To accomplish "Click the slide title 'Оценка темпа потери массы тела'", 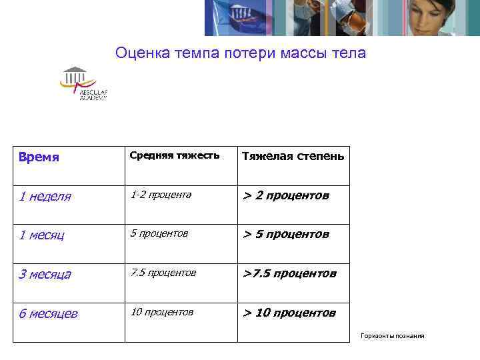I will pyautogui.click(x=240, y=53).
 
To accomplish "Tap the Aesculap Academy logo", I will pyautogui.click(x=83, y=84).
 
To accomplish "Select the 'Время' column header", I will pyautogui.click(x=39, y=157).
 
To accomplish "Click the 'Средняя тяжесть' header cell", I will pyautogui.click(x=174, y=155).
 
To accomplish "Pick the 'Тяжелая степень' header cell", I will pyautogui.click(x=293, y=156).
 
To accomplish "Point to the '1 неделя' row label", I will pyautogui.click(x=45, y=197).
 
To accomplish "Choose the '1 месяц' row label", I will pyautogui.click(x=41, y=235).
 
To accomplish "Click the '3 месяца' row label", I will pyautogui.click(x=45, y=274).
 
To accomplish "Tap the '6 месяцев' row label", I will pyautogui.click(x=48, y=313).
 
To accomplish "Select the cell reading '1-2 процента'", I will pyautogui.click(x=161, y=195).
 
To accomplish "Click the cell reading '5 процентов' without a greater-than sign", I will pyautogui.click(x=159, y=233).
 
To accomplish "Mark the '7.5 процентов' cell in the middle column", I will pyautogui.click(x=163, y=273).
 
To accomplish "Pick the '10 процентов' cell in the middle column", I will pyautogui.click(x=162, y=312).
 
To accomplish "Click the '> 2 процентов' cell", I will pyautogui.click(x=285, y=195).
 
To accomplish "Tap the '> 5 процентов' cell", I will pyautogui.click(x=285, y=234).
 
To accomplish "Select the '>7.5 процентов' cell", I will pyautogui.click(x=289, y=273).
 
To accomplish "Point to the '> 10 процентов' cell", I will pyautogui.click(x=289, y=313).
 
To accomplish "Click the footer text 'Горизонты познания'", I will pyautogui.click(x=392, y=335).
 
